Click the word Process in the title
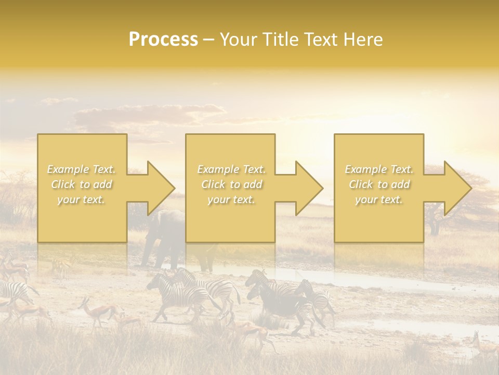click(x=163, y=40)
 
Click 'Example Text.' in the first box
click(x=82, y=169)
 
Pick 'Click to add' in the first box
click(x=82, y=184)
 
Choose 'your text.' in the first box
click(x=82, y=199)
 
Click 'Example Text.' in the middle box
click(x=231, y=169)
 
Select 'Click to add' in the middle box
click(x=231, y=184)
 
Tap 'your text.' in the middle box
click(x=231, y=199)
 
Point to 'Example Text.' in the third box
click(x=379, y=169)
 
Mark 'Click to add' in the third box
click(x=379, y=184)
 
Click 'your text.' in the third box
click(x=379, y=199)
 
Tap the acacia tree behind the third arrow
click(x=442, y=219)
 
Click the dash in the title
click(x=209, y=40)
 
